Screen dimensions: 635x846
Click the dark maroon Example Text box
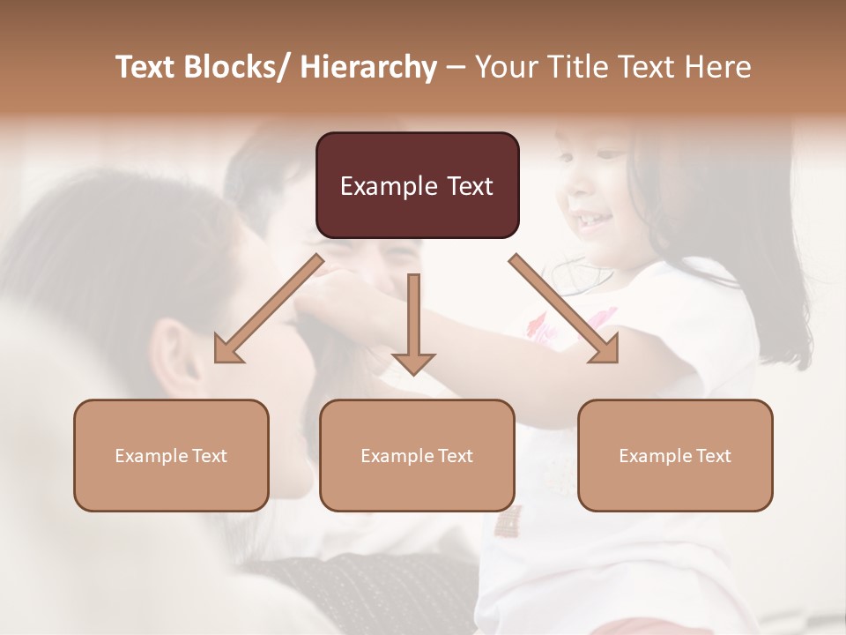coord(417,185)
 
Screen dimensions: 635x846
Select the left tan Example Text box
coord(171,455)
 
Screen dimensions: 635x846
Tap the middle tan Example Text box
coord(417,455)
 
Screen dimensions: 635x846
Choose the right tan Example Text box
coord(675,455)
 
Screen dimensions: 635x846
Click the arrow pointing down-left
coord(269,309)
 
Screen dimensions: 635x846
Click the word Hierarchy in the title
coord(368,67)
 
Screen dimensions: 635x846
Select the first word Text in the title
coord(147,67)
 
